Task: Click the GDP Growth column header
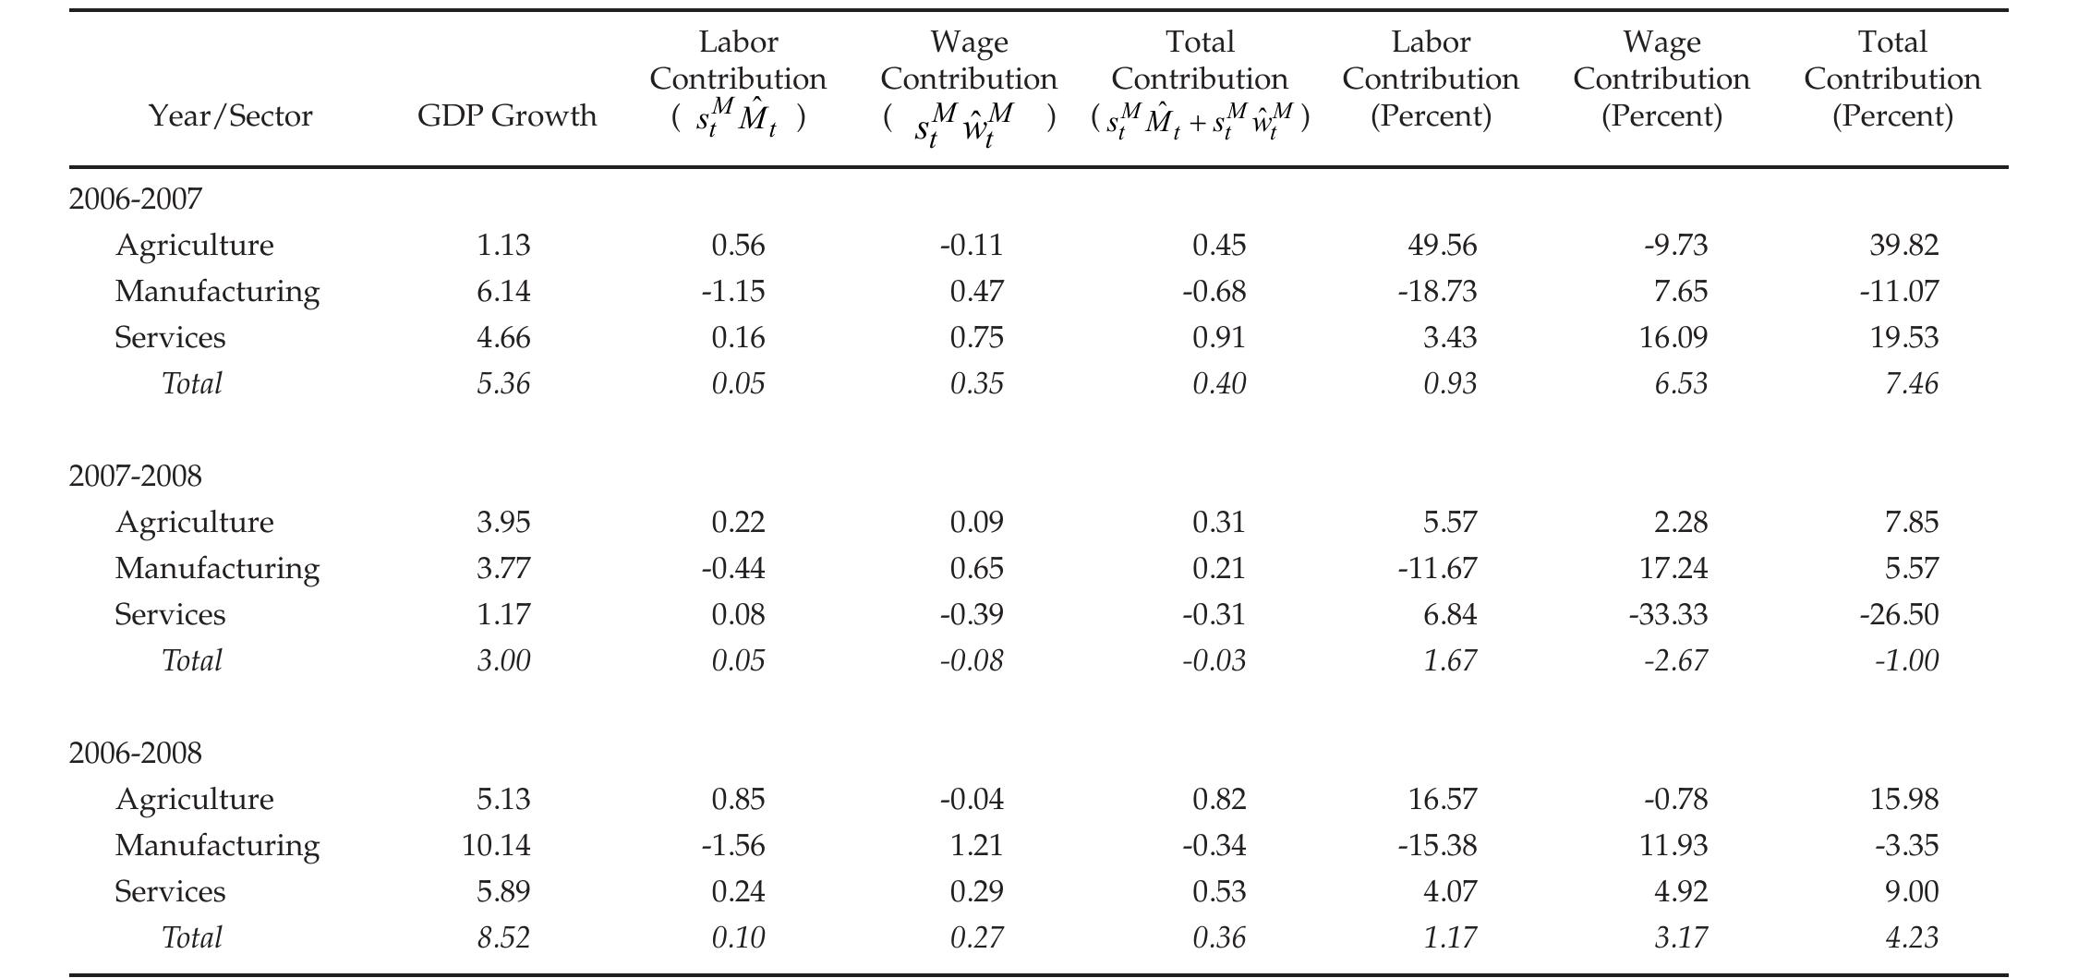click(506, 116)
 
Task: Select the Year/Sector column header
click(231, 116)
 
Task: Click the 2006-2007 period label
click(135, 199)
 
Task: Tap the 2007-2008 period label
click(135, 477)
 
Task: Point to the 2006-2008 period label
click(135, 754)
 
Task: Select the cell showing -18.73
click(1437, 292)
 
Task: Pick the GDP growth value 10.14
click(496, 846)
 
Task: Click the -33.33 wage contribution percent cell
click(1668, 615)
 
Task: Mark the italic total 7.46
click(1911, 384)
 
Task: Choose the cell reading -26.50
click(1899, 615)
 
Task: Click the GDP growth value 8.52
click(503, 938)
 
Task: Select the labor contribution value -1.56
click(733, 846)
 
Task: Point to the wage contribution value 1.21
click(976, 846)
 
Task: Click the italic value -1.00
click(1906, 661)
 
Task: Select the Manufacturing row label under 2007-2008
click(217, 569)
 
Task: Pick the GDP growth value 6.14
click(503, 292)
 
